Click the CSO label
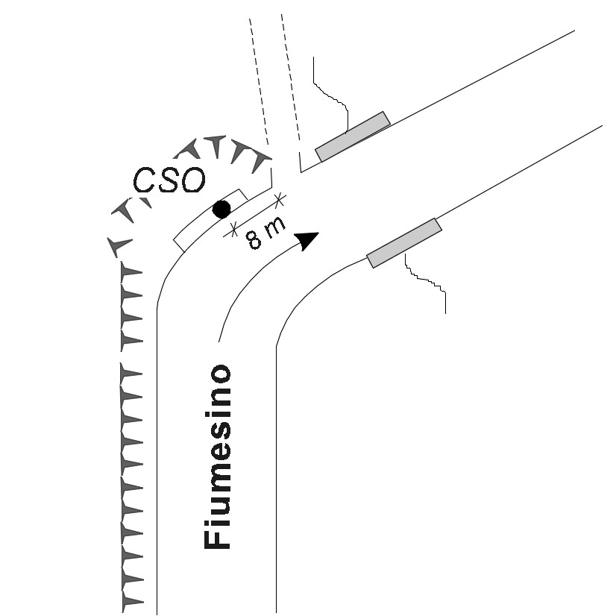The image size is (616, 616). tap(169, 180)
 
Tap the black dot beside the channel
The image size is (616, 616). tap(221, 209)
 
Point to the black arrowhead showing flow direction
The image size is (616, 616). tap(307, 240)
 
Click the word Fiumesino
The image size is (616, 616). tap(217, 456)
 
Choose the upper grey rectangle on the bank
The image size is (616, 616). tap(353, 136)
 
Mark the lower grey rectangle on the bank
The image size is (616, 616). tap(404, 243)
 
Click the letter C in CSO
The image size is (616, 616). tap(145, 180)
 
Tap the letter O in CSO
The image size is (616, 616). tap(193, 180)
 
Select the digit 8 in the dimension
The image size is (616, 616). tap(254, 240)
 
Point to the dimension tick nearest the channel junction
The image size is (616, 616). tap(280, 200)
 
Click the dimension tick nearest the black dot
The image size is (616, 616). tap(233, 229)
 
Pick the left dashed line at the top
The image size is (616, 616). tap(259, 81)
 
